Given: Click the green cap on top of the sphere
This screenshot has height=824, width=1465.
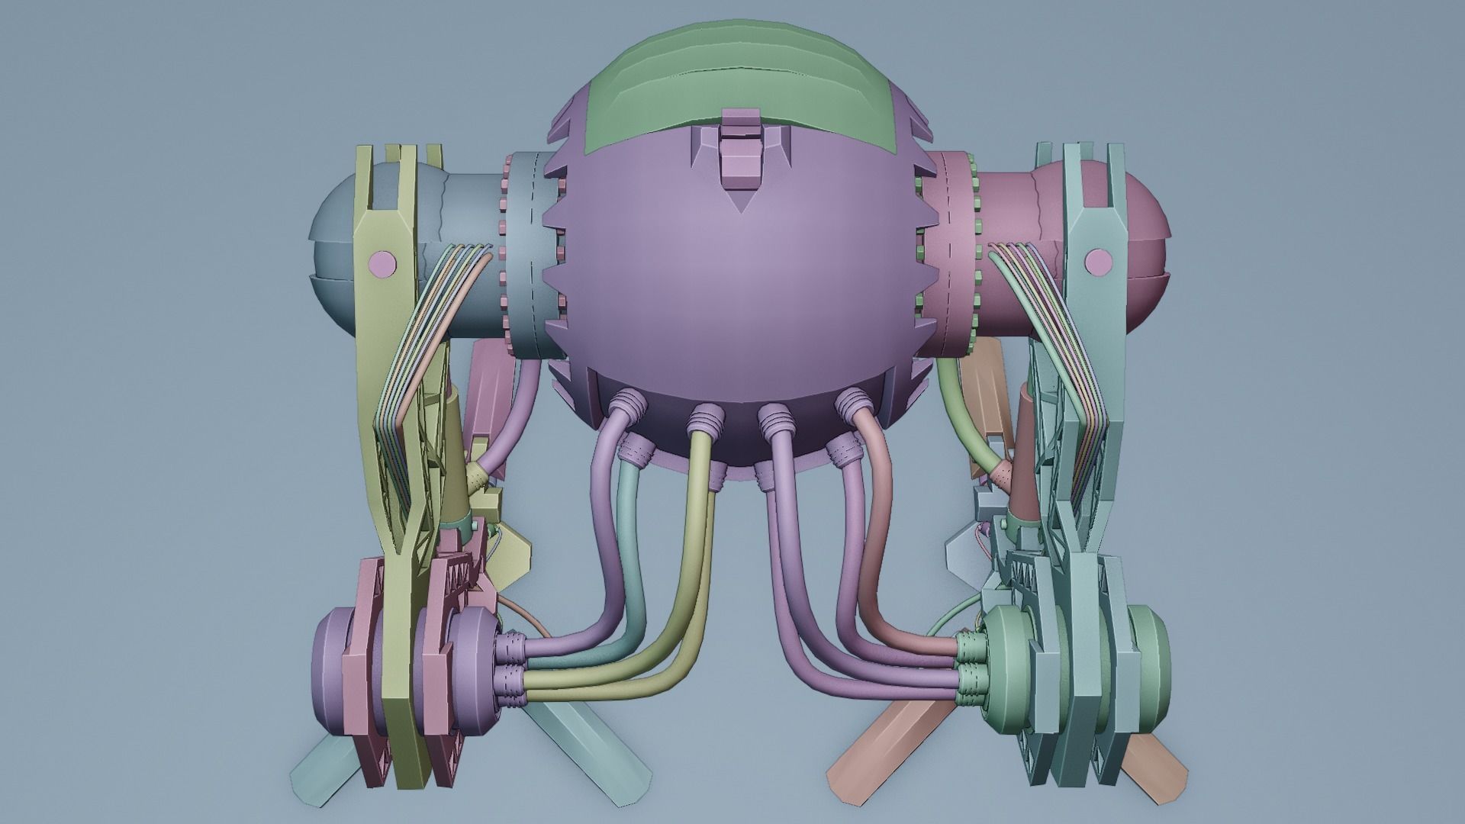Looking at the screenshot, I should point(732,69).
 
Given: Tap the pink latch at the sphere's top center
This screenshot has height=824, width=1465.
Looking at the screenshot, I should point(740,153).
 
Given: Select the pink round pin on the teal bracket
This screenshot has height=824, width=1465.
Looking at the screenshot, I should point(1098,262).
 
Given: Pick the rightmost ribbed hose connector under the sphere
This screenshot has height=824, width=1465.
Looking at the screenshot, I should point(852,404).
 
